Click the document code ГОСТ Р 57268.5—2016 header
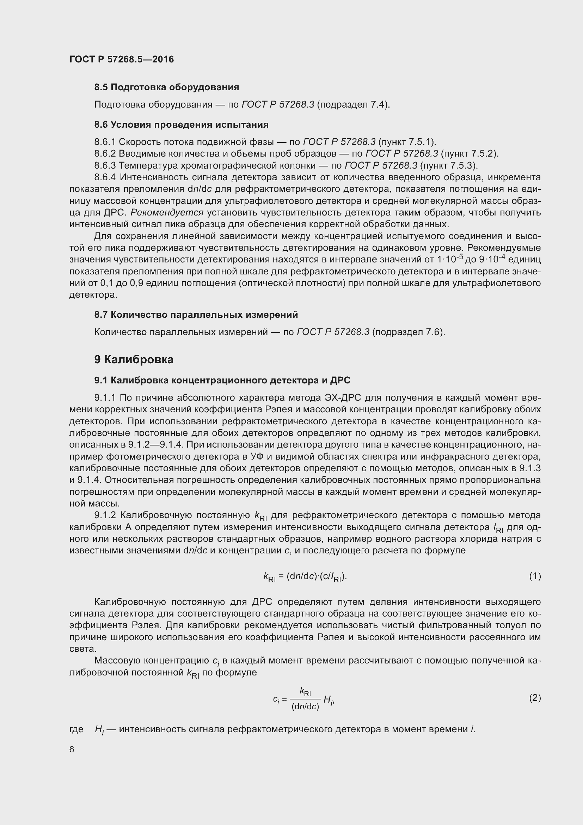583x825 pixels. tap(121, 59)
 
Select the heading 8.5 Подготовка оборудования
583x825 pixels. tap(167, 87)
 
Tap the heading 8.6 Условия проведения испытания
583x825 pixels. tap(181, 125)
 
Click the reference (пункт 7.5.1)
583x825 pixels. tap(407, 142)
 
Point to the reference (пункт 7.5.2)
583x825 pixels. tap(470, 154)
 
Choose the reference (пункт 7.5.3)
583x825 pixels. tap(449, 166)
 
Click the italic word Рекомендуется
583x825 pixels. tap(167, 213)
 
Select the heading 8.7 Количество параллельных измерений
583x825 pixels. tap(196, 315)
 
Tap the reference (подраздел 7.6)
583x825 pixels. tap(409, 332)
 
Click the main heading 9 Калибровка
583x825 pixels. tap(134, 360)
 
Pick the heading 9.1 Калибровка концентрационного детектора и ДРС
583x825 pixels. tap(222, 380)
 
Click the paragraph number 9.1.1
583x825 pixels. tap(105, 398)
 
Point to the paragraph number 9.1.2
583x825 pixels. tap(105, 516)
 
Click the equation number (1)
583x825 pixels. tap(535, 576)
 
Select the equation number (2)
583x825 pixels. tap(535, 698)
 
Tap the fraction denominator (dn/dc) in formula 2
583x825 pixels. tap(305, 706)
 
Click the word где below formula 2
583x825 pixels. tap(76, 729)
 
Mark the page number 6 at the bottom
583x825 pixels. tap(72, 750)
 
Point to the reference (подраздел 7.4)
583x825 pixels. tap(353, 104)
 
